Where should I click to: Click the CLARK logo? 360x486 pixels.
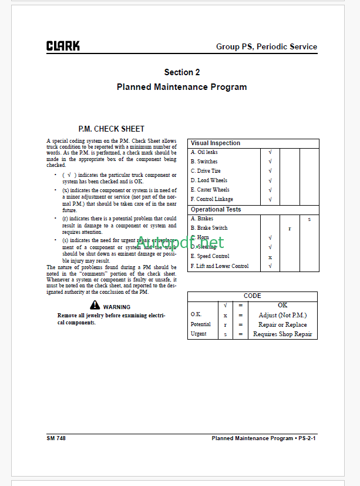click(63, 46)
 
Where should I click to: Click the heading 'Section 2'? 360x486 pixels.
click(181, 72)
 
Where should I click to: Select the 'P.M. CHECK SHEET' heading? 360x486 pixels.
click(112, 129)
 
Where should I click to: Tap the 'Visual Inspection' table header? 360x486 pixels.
click(216, 143)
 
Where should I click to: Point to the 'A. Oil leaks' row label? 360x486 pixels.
click(204, 152)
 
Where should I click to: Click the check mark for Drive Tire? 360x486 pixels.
click(270, 171)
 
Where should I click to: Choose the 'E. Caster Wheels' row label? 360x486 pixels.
click(210, 190)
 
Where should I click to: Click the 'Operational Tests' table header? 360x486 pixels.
click(216, 209)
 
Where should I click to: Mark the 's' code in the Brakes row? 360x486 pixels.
click(309, 219)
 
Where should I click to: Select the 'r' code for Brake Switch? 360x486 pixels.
click(290, 228)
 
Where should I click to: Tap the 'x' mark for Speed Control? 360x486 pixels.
click(270, 257)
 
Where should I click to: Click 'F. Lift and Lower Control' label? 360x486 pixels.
click(219, 266)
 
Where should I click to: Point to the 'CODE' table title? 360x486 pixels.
click(252, 296)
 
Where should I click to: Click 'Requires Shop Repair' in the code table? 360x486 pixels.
click(282, 334)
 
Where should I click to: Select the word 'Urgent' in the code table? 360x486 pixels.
click(198, 334)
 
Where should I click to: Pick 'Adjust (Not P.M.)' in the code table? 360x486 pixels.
click(282, 315)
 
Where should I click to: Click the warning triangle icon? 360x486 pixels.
click(95, 305)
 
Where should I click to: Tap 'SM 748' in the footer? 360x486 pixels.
click(56, 438)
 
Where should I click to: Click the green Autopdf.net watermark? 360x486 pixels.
click(180, 242)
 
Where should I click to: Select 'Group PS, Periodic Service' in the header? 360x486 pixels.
click(266, 46)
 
